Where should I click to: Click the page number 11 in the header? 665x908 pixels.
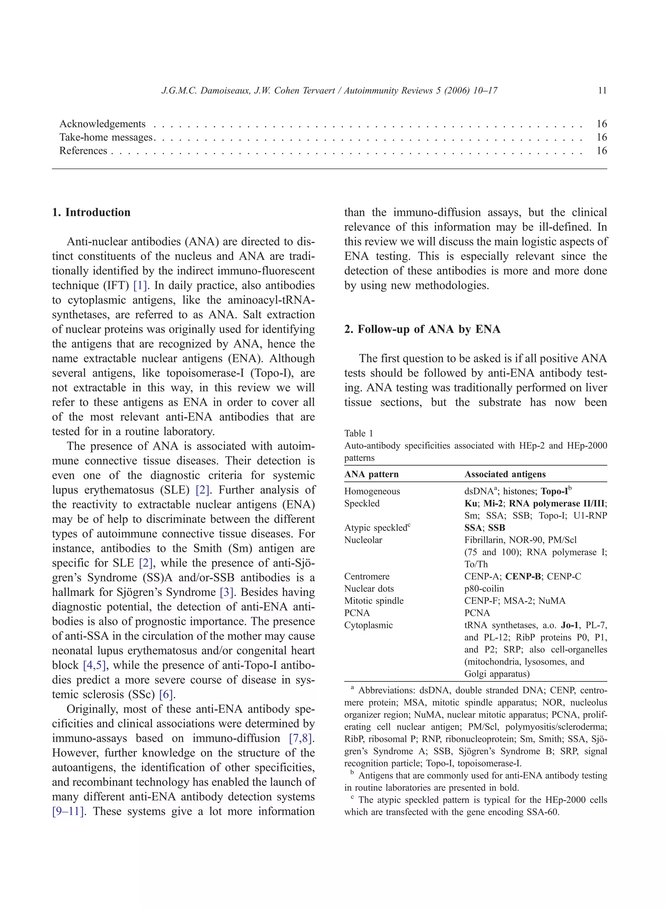pyautogui.click(x=602, y=91)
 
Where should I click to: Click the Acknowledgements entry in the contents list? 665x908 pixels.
pyautogui.click(x=102, y=124)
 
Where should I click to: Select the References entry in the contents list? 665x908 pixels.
pyautogui.click(x=83, y=151)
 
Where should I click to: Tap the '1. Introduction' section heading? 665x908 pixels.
pyautogui.click(x=91, y=213)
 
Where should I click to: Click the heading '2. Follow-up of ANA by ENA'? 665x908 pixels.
pyautogui.click(x=422, y=329)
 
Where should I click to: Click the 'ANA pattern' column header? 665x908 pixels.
pyautogui.click(x=371, y=474)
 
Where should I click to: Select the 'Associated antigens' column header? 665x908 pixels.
pyautogui.click(x=505, y=474)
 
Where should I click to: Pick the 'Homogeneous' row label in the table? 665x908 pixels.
pyautogui.click(x=372, y=491)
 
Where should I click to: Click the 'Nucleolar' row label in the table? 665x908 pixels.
pyautogui.click(x=363, y=540)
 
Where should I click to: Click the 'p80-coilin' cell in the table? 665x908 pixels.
pyautogui.click(x=484, y=589)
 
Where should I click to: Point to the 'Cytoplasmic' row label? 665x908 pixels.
pyautogui.click(x=368, y=626)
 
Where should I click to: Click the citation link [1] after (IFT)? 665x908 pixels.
pyautogui.click(x=140, y=286)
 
